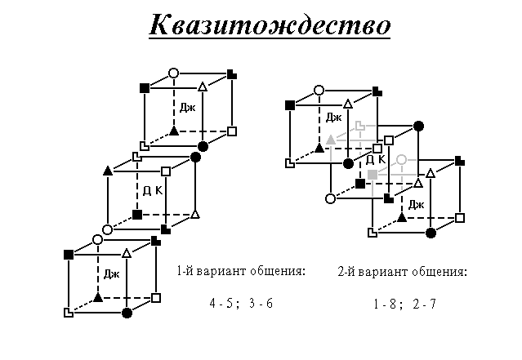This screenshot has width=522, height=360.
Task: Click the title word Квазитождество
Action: coord(270,25)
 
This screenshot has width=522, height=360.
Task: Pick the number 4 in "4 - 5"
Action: coord(213,303)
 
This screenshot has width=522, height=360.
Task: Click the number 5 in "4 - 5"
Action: coord(230,303)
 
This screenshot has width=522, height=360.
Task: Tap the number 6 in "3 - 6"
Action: coord(269,303)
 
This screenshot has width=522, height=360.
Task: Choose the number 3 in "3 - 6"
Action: coord(252,303)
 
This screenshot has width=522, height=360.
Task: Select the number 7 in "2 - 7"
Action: coord(432,304)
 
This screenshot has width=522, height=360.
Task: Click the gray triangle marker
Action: coord(331,140)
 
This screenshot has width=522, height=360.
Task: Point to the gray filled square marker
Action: coord(373,175)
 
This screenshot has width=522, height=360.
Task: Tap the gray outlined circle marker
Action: coord(402,160)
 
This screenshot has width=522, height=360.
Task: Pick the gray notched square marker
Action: coord(360,126)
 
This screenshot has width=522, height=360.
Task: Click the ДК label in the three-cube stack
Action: coord(153,191)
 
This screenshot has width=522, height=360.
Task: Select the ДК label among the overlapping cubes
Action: coord(375,160)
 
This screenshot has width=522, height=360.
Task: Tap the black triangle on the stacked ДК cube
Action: coord(108,171)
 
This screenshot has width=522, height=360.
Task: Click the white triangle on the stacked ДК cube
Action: coord(195,214)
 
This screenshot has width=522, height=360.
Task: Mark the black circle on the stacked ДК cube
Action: coord(195,157)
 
